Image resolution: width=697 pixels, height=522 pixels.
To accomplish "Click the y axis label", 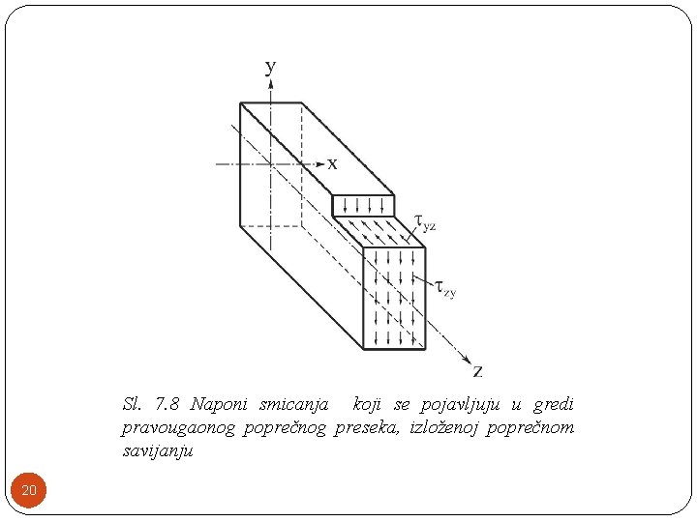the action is (271, 67).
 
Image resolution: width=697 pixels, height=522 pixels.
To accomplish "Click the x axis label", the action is (332, 164).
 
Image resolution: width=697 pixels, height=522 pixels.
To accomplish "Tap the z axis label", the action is (477, 370).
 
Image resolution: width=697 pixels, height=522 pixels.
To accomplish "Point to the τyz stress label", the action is (425, 223).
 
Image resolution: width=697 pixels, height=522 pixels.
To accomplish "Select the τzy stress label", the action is (445, 287).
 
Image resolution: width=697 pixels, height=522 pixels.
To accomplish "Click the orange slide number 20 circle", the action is (29, 491).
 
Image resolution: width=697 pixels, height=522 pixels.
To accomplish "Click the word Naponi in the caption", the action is (219, 403).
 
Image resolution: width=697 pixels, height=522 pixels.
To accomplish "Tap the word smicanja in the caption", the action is (293, 403).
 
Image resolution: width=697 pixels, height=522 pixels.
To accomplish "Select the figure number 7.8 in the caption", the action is (167, 403).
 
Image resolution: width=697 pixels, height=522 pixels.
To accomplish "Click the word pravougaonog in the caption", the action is (179, 427).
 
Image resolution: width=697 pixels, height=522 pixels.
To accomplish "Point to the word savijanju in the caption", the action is (158, 451).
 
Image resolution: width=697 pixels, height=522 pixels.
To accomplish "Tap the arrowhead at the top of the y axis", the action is (271, 84).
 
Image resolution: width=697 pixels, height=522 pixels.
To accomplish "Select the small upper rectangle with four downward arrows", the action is (363, 205).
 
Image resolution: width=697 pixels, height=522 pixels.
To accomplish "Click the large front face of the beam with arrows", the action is (394, 298).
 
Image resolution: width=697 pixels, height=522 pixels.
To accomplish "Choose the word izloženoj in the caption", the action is (446, 427).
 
